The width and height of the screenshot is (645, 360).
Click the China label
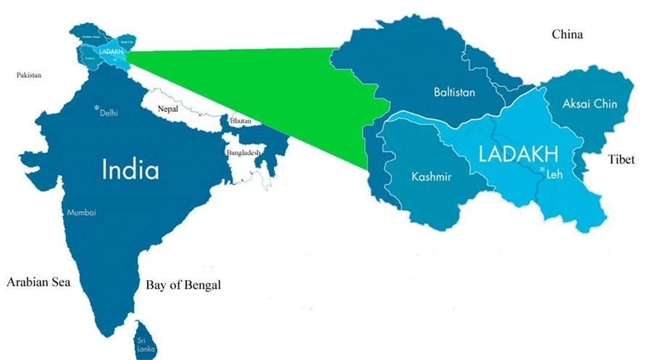click(567, 35)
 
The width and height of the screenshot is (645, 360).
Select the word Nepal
click(168, 109)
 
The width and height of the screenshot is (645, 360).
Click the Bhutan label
click(241, 121)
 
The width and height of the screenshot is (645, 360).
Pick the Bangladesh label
click(244, 153)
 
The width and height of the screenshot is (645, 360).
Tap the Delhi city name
click(109, 112)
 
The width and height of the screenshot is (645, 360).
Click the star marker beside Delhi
click(97, 108)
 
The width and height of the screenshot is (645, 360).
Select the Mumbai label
click(81, 213)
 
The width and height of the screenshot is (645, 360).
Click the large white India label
click(131, 170)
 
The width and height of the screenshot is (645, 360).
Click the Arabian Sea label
click(38, 282)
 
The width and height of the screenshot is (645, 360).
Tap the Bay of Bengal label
click(183, 285)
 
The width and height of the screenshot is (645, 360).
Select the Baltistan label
click(454, 92)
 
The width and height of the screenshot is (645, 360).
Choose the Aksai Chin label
click(590, 104)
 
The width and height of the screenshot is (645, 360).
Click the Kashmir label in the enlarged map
click(431, 177)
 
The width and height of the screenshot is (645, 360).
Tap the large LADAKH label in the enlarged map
click(519, 154)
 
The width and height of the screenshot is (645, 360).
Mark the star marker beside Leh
click(542, 171)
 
